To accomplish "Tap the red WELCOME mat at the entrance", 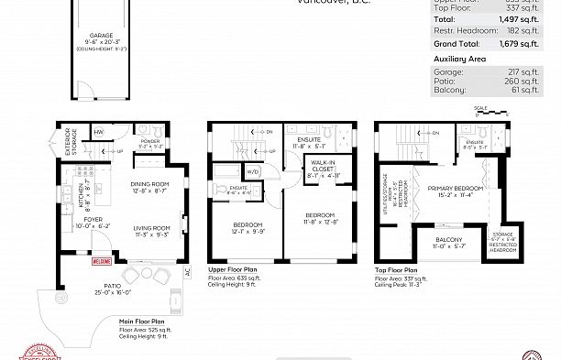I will [x=101, y=261].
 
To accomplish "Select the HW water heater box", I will [x=98, y=132].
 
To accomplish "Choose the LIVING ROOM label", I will [x=152, y=231].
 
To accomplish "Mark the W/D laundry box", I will [x=254, y=170].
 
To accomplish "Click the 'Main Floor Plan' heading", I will [x=142, y=322].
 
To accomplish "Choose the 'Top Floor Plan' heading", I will [x=397, y=271].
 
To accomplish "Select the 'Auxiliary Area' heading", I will [x=458, y=58].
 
